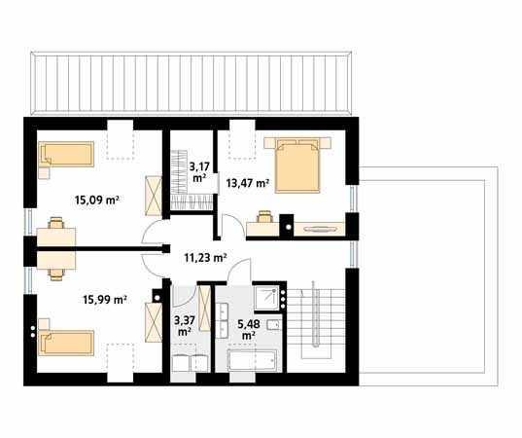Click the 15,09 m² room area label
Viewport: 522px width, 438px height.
[x=97, y=200]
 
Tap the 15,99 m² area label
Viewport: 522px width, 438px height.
[x=105, y=300]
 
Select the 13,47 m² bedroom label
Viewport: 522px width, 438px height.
[x=248, y=183]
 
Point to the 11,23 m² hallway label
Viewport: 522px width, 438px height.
[x=205, y=257]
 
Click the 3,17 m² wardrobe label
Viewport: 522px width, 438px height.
[x=198, y=171]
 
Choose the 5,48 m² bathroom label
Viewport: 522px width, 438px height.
[x=249, y=329]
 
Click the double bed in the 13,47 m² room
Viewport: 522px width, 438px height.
[x=297, y=165]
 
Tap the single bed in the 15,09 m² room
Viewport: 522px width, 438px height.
[x=66, y=154]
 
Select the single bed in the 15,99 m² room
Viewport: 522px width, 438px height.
[x=66, y=343]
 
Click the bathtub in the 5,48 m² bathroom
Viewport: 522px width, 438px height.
[x=253, y=360]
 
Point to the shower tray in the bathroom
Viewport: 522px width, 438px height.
[x=268, y=297]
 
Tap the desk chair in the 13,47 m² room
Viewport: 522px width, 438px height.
[x=265, y=216]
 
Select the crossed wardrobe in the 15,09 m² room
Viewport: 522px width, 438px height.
[x=154, y=196]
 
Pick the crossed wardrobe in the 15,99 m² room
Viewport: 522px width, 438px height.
[x=154, y=322]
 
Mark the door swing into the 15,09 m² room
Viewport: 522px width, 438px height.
[x=153, y=233]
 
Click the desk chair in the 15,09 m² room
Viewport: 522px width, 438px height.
[x=56, y=223]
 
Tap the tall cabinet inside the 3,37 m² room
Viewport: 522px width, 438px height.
[x=204, y=309]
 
